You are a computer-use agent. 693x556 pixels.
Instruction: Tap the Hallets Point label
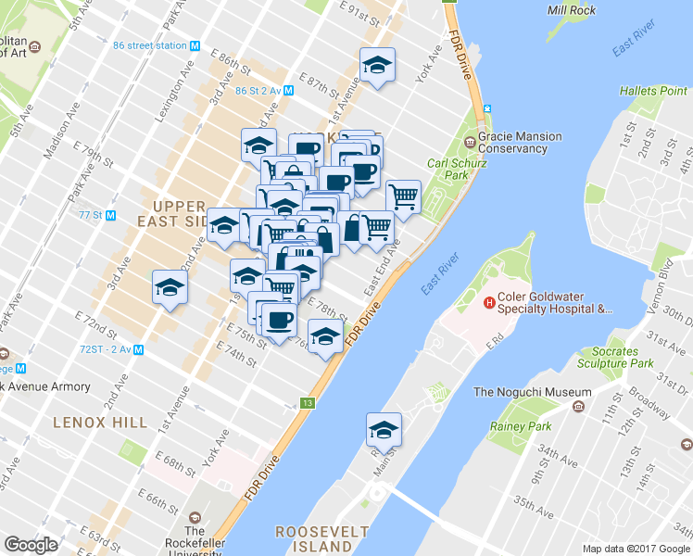tap(653, 91)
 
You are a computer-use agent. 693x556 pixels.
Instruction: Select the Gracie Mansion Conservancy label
tap(520, 142)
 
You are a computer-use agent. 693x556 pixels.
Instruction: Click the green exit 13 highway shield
tap(307, 403)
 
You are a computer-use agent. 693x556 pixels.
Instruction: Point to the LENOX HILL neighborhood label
tap(100, 423)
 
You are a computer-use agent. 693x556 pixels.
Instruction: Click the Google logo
tap(31, 545)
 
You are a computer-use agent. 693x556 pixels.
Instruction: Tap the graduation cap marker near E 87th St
tap(376, 66)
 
